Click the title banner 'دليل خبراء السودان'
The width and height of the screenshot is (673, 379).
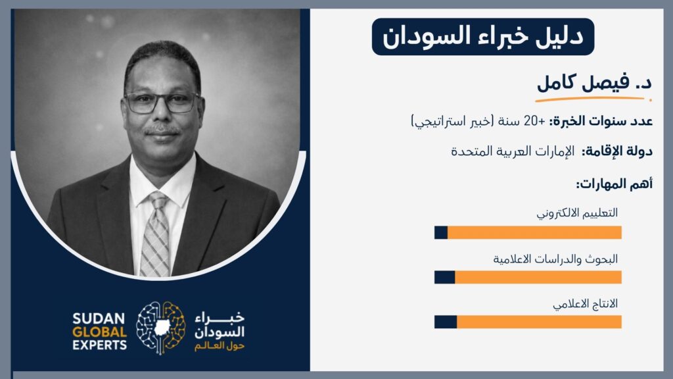point(483,37)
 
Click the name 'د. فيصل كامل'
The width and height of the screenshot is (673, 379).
point(594,82)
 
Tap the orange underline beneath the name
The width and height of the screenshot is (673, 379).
point(593,99)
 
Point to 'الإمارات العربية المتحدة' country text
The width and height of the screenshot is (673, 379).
point(513,151)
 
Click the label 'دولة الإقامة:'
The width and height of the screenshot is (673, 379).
point(617,151)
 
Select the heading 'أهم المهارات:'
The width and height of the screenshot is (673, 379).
point(615,184)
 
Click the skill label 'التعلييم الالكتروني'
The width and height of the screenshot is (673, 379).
point(577,213)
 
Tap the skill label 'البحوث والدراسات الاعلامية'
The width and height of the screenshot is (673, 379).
point(555,259)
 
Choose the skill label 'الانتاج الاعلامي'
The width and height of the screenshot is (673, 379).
point(586,304)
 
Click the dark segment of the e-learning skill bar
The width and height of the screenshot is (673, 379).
point(441,232)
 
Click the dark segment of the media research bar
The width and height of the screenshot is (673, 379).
point(445,277)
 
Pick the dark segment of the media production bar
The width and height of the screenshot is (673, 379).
point(446,322)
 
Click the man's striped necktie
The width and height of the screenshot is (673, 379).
point(155,234)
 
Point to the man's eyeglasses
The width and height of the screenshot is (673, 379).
point(162,102)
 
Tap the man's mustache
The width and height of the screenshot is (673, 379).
point(162,130)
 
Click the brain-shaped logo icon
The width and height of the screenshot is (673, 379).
point(160,328)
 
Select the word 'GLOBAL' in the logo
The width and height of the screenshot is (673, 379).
point(100,332)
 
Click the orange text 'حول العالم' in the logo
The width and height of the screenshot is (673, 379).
point(220,346)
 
